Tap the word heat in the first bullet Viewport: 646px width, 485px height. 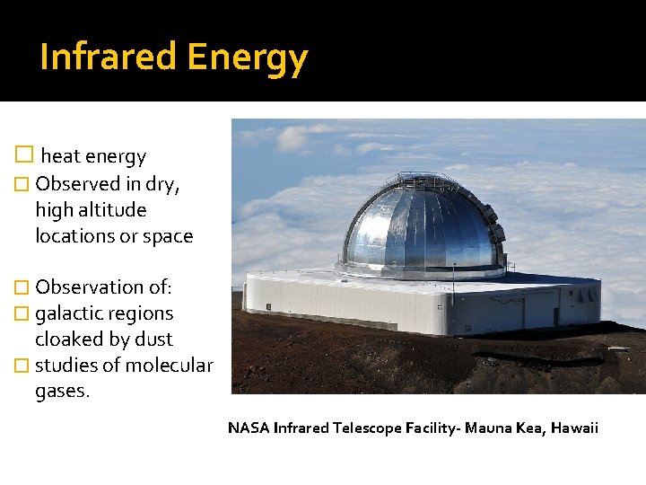pos(61,156)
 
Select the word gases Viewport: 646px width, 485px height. pos(62,392)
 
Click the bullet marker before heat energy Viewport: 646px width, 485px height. pos(25,155)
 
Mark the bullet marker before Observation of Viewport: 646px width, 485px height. pos(24,287)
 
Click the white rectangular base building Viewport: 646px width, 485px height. pos(404,305)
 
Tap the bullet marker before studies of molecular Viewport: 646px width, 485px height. pos(24,366)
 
